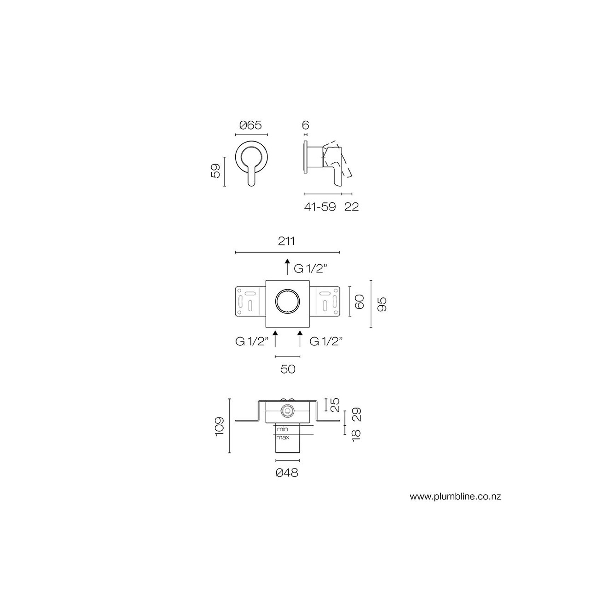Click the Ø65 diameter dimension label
(x=251, y=125)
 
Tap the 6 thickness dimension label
(x=306, y=125)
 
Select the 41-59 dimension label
(x=320, y=207)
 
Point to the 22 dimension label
(x=352, y=207)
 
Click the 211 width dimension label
(x=286, y=241)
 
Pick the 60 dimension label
(x=360, y=301)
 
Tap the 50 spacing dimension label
(x=288, y=369)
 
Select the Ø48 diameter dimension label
(x=287, y=472)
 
